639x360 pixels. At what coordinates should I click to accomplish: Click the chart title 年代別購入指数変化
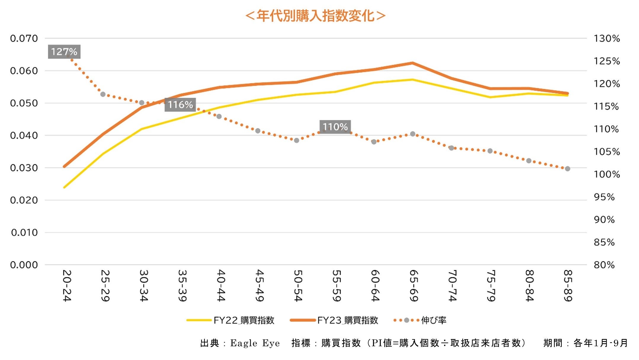tap(316, 16)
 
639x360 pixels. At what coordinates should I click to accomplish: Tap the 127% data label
tap(64, 52)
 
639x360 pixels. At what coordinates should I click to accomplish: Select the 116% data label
tap(180, 105)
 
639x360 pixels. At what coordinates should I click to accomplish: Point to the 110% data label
tap(335, 127)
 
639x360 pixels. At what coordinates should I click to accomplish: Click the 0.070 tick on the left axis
tap(24, 39)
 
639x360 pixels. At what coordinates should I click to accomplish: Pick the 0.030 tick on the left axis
tap(24, 168)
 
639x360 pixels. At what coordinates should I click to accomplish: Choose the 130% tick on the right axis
tap(606, 39)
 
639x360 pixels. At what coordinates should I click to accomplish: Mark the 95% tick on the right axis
tap(604, 197)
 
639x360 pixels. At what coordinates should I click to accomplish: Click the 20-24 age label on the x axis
tap(67, 285)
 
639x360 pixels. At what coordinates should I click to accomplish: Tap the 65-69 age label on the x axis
tap(413, 285)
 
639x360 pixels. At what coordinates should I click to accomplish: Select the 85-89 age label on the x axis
tap(568, 285)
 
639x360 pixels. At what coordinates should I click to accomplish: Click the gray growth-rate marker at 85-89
tap(568, 169)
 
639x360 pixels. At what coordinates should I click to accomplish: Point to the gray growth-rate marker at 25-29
tap(103, 95)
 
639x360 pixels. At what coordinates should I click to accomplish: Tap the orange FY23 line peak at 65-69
tap(412, 63)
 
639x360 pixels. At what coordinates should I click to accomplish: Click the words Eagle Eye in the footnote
tap(255, 343)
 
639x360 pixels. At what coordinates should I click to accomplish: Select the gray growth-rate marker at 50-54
tap(297, 140)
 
